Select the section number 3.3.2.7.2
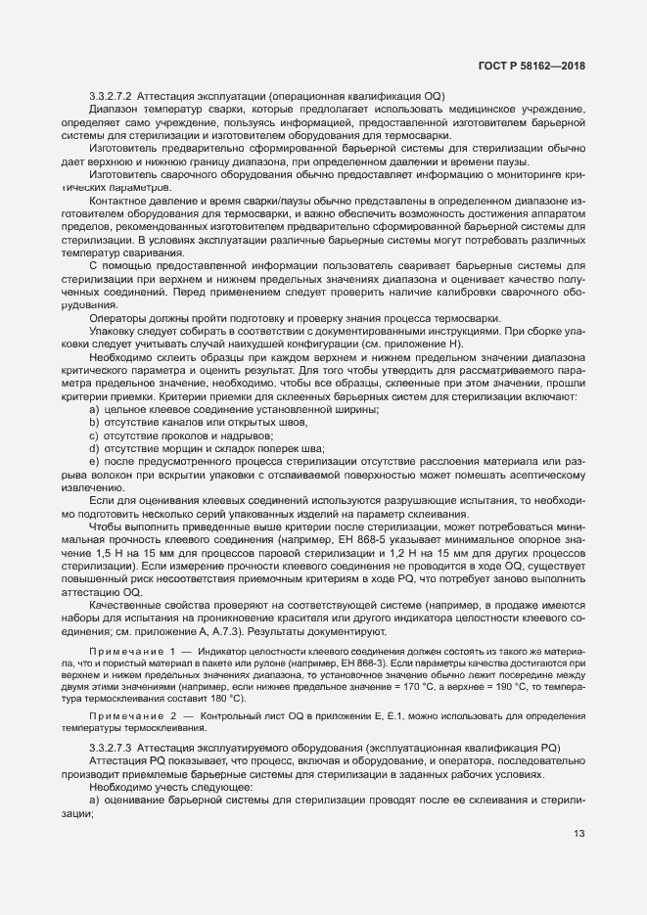111,96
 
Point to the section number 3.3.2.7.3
111,747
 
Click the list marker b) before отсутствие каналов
94,422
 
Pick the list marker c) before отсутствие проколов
94,435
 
